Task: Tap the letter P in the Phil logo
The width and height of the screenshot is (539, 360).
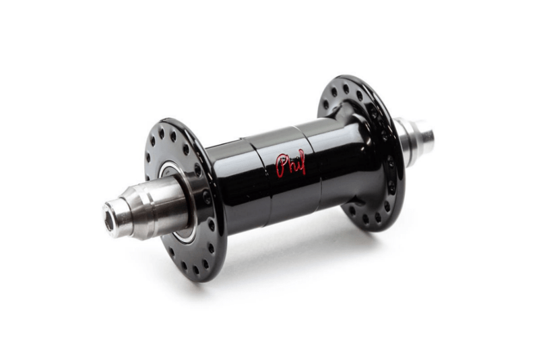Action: [282, 165]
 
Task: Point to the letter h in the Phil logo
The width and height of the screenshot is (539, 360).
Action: [290, 164]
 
